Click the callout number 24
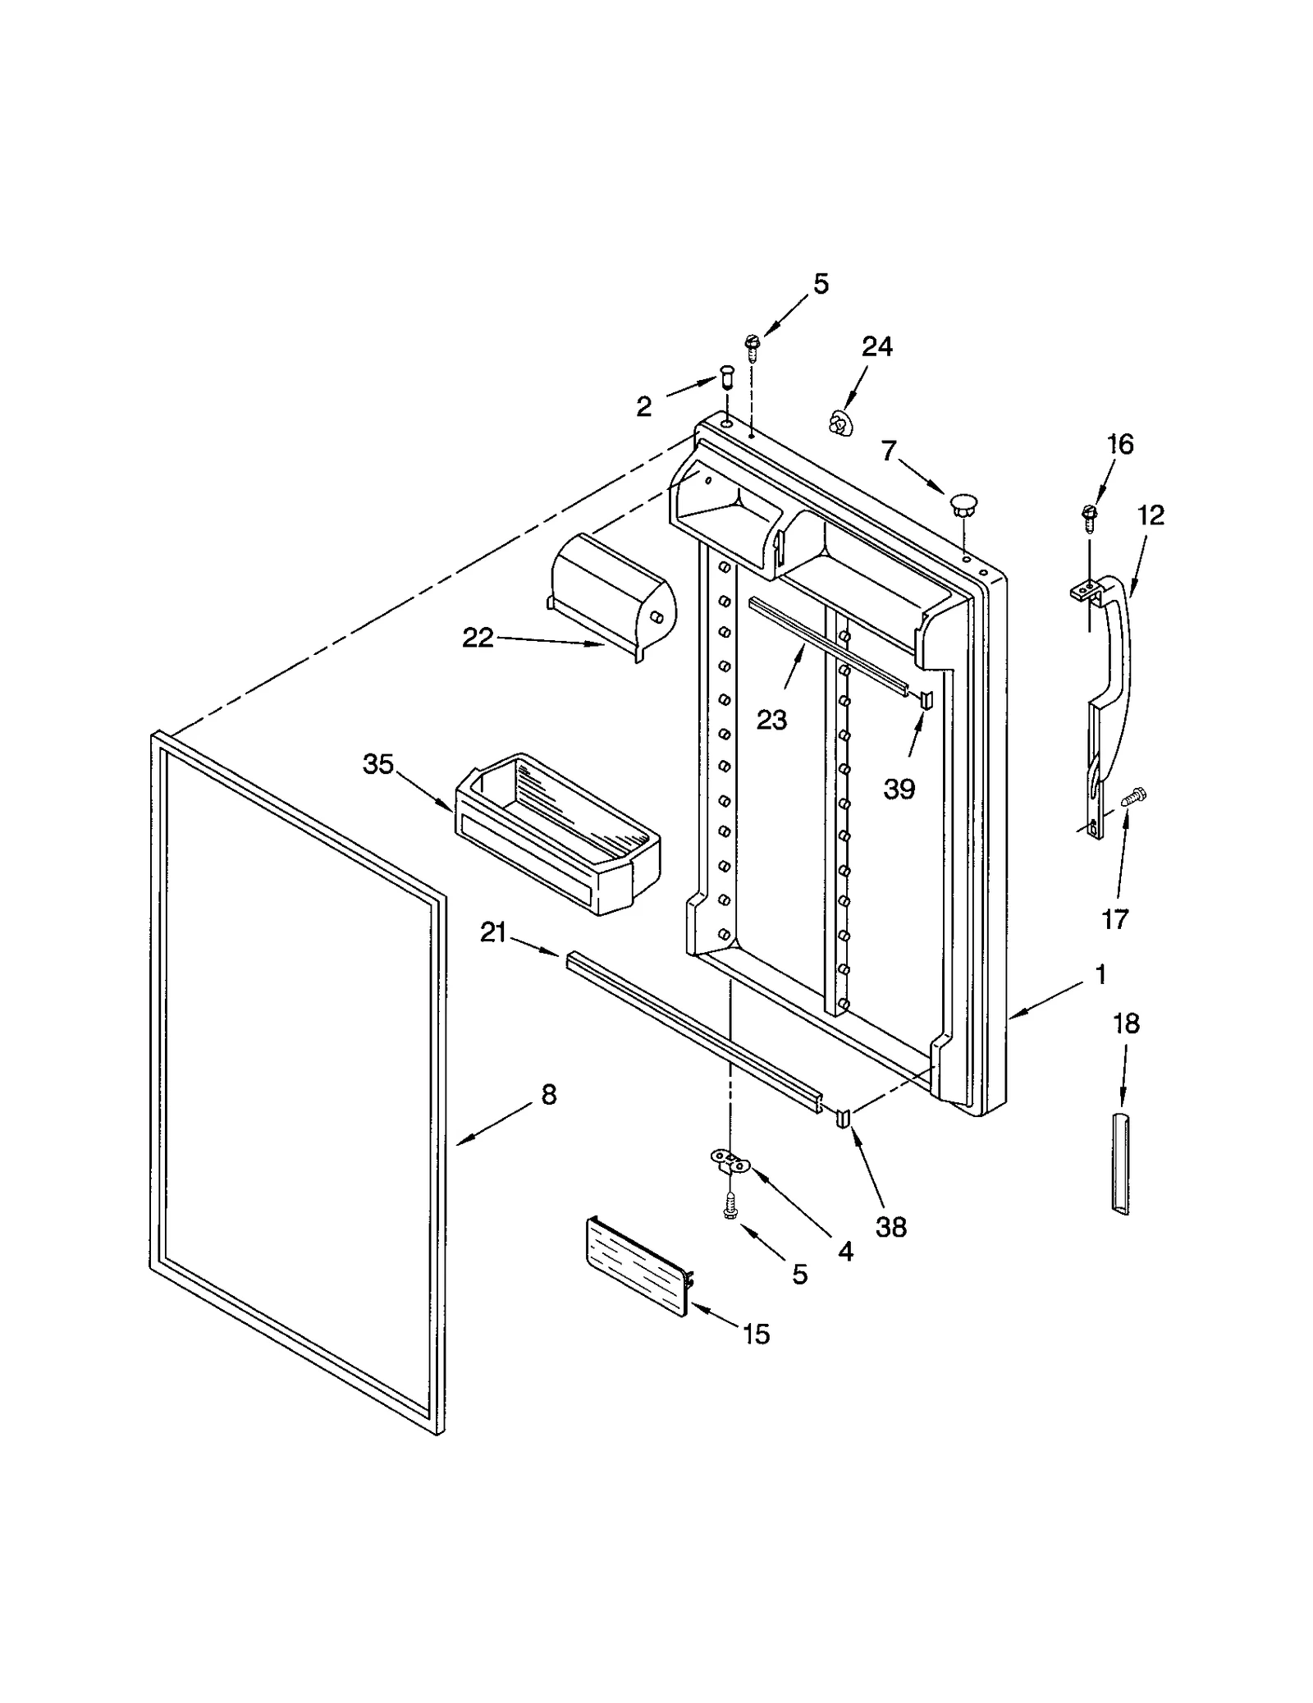click(x=876, y=346)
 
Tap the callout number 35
click(x=378, y=764)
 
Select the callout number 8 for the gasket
click(x=549, y=1094)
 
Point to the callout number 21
click(x=493, y=932)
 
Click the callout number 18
click(x=1126, y=1023)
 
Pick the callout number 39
click(x=899, y=789)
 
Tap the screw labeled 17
click(x=1133, y=794)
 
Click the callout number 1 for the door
click(x=1100, y=974)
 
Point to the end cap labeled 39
click(x=926, y=699)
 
